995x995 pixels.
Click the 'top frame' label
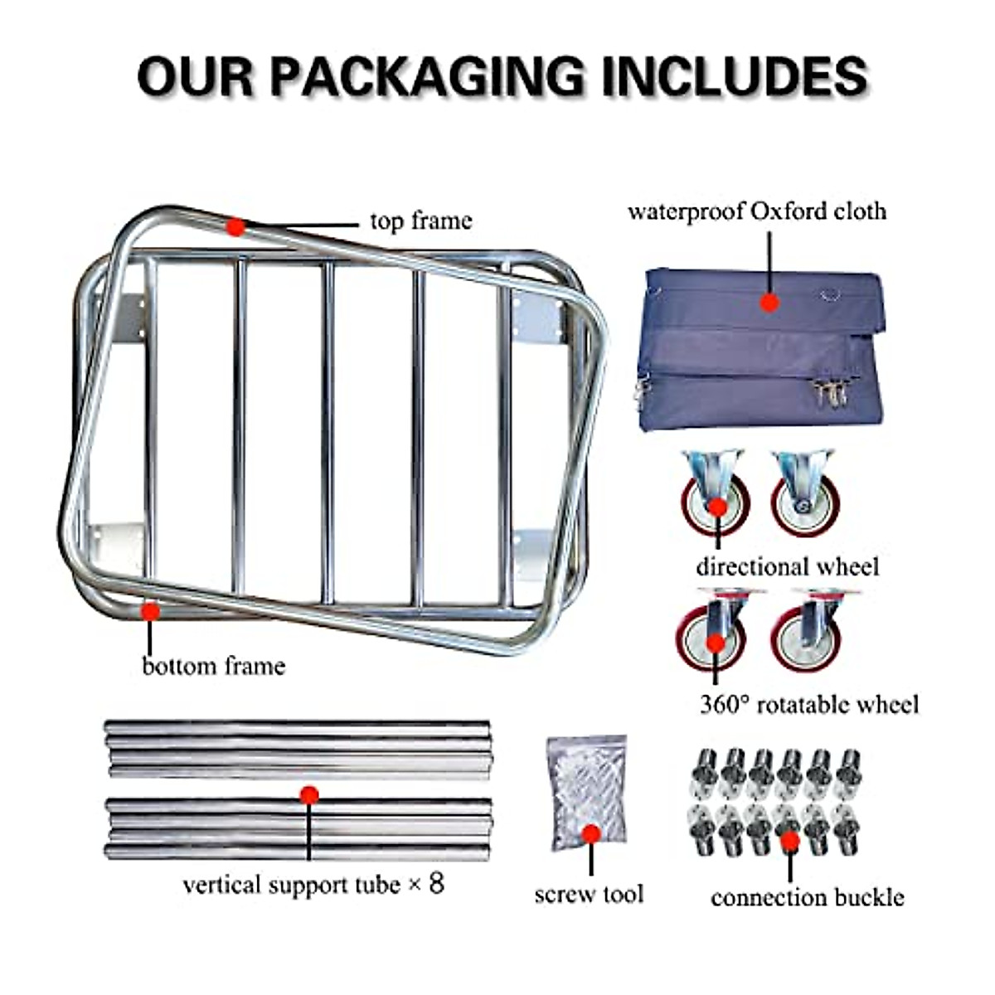point(420,221)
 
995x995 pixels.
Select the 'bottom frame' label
point(213,666)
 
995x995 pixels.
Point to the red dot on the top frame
point(236,226)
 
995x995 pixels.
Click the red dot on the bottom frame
point(150,612)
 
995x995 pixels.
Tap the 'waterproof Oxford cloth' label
point(756,211)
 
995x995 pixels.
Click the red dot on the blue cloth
point(770,303)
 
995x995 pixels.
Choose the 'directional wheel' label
point(787,567)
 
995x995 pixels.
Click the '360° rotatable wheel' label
point(809,705)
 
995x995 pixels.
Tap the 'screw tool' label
point(589,894)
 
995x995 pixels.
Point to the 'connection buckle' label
point(807,897)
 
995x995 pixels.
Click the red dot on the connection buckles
point(789,841)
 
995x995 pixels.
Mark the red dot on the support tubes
point(308,795)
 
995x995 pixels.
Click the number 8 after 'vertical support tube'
point(435,883)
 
